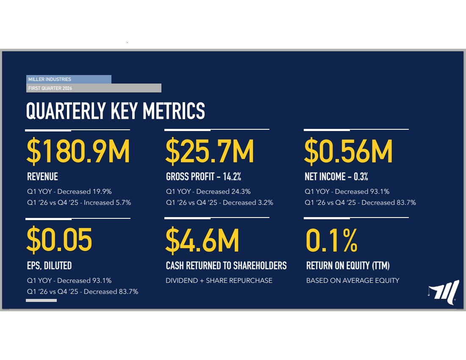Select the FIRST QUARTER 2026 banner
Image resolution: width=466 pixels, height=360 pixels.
click(x=94, y=88)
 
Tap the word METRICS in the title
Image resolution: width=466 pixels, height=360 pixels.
click(x=174, y=111)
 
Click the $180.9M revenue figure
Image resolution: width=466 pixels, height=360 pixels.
click(x=78, y=151)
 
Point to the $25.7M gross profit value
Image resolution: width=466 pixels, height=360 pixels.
click(x=210, y=151)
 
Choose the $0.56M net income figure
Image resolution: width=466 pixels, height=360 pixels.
click(x=348, y=151)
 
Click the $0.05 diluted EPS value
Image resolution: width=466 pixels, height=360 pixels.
click(x=59, y=240)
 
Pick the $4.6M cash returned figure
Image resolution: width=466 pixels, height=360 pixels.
click(x=202, y=240)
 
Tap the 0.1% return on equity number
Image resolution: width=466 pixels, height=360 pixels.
click(x=332, y=240)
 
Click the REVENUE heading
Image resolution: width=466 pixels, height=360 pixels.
click(x=42, y=176)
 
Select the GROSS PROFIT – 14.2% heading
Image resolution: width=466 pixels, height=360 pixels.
click(x=204, y=176)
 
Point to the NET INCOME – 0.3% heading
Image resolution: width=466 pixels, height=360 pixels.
click(x=336, y=176)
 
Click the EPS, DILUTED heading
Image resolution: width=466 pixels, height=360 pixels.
click(x=49, y=265)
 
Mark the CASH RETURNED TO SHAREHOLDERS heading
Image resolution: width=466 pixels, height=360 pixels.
click(x=226, y=265)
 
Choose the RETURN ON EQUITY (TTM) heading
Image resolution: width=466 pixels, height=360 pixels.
click(x=348, y=265)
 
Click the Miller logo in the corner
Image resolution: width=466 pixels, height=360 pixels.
click(x=444, y=292)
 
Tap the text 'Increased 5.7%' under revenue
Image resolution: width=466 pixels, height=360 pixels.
click(x=107, y=203)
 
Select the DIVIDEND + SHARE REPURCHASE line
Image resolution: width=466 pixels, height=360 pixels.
click(x=219, y=281)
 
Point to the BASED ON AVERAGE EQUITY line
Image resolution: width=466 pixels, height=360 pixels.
click(x=353, y=281)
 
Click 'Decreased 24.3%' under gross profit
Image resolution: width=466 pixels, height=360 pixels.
click(x=223, y=192)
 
